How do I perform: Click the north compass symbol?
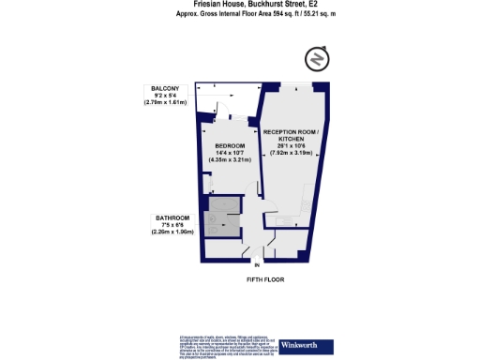click(x=318, y=59)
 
